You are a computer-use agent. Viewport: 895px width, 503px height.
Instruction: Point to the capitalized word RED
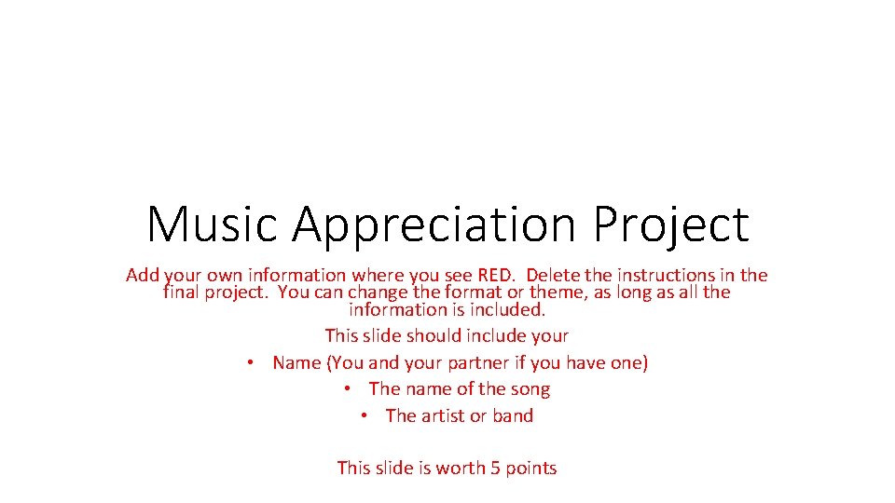pos(495,275)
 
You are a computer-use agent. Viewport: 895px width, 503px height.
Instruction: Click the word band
pos(513,415)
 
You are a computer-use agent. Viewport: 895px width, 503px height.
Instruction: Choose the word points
pos(530,468)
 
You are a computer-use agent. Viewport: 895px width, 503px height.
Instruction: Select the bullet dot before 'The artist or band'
pos(365,415)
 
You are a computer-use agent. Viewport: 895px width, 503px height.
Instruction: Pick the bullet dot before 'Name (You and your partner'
pos(252,362)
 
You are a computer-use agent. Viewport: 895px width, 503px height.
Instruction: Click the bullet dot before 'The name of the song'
pos(348,388)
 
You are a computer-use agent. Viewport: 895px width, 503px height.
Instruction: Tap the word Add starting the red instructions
pos(143,275)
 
